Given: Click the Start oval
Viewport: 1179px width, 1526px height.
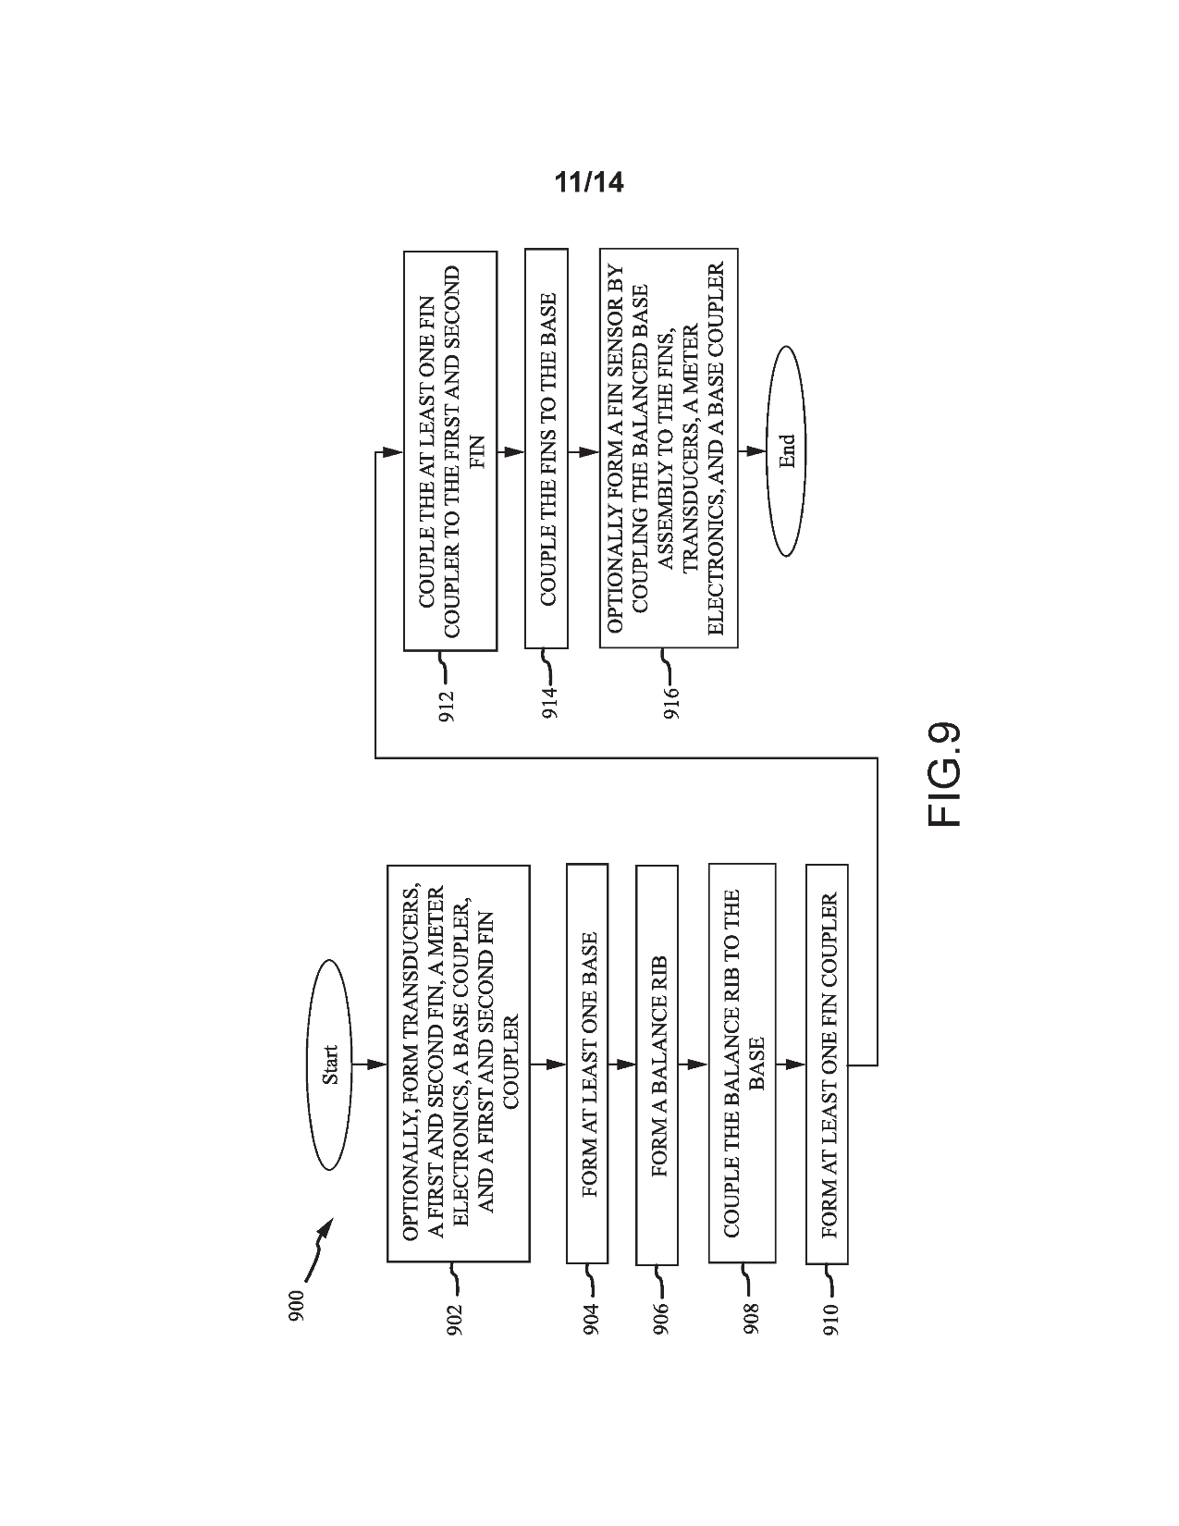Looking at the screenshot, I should (x=331, y=1065).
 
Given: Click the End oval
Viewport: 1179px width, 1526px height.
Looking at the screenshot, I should (x=786, y=450).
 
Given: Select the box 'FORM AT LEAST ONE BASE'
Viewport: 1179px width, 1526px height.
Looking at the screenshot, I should (x=587, y=1064).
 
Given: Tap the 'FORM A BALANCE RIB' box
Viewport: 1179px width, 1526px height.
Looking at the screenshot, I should (x=657, y=1064).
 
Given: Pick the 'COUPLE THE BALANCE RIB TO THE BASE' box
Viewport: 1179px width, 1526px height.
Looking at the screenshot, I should (x=742, y=1064).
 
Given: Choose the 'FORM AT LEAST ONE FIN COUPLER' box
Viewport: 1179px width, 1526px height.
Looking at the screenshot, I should (x=827, y=1064).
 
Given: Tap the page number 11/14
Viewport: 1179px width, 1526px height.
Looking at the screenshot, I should (x=589, y=183).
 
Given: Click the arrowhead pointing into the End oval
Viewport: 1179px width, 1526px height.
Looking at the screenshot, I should (x=756, y=451).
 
